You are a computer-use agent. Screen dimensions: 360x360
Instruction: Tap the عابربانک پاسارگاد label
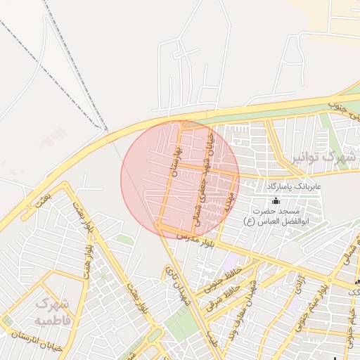[x=293, y=187]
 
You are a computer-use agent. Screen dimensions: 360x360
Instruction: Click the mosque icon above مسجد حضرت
[x=275, y=200]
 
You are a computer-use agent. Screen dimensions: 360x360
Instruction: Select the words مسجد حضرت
[x=279, y=211]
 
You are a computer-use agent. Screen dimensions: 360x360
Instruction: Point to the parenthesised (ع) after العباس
[x=248, y=221]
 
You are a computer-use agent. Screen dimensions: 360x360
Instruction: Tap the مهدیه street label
[x=229, y=201]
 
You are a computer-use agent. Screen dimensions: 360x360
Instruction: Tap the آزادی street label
[x=300, y=281]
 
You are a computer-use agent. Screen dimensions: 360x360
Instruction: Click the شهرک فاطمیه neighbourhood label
[x=53, y=312]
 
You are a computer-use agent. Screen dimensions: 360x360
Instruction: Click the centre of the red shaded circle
[x=180, y=179]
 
